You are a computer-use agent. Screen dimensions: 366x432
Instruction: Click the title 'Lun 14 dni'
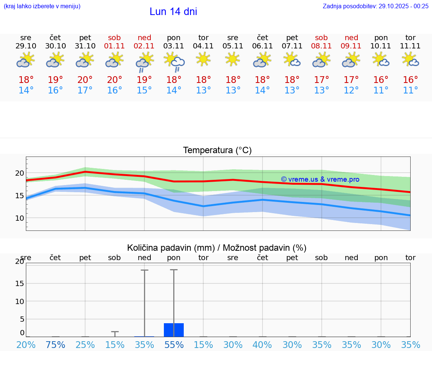173,12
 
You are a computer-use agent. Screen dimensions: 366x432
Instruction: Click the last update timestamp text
375,6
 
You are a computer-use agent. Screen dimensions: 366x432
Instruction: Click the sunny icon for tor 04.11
203,59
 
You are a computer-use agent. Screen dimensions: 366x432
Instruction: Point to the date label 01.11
115,46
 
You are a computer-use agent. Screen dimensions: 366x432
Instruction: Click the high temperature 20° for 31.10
85,80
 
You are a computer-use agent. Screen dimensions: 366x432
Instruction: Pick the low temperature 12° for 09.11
351,90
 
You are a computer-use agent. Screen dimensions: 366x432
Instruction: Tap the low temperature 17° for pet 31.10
85,90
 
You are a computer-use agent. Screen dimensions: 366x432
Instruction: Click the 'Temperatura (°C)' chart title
217,151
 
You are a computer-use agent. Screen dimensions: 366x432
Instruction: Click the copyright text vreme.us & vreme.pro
320,179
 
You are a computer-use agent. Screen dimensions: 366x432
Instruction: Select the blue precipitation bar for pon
174,330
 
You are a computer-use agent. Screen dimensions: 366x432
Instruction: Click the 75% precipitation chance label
55,345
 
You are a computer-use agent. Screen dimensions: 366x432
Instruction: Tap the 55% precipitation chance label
174,345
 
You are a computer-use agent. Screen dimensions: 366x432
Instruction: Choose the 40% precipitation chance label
262,345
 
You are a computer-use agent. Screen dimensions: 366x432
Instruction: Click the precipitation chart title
217,248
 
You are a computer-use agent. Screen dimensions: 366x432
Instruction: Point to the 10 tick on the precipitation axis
19,301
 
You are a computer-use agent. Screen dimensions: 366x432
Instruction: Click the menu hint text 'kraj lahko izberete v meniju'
42,6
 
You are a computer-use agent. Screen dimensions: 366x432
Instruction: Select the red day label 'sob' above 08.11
321,38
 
